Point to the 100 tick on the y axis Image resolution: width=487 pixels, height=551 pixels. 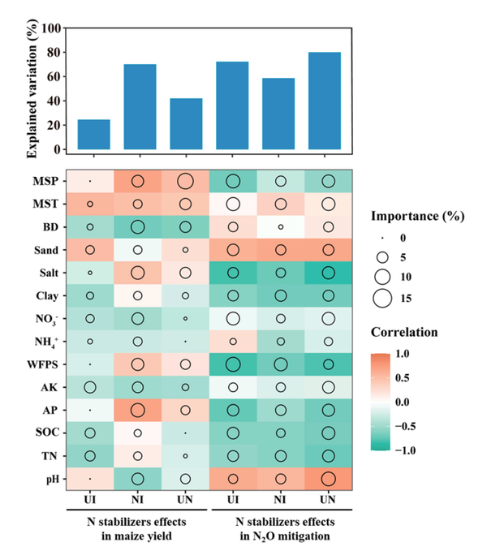tap(50, 28)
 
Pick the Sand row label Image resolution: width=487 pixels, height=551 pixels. tap(43, 249)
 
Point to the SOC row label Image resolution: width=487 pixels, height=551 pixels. tap(45, 433)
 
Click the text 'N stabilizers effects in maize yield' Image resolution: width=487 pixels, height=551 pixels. tap(137, 523)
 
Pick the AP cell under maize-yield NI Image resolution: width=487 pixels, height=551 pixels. tap(137, 409)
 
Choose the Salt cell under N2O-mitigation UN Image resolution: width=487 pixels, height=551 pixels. tap(329, 272)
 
